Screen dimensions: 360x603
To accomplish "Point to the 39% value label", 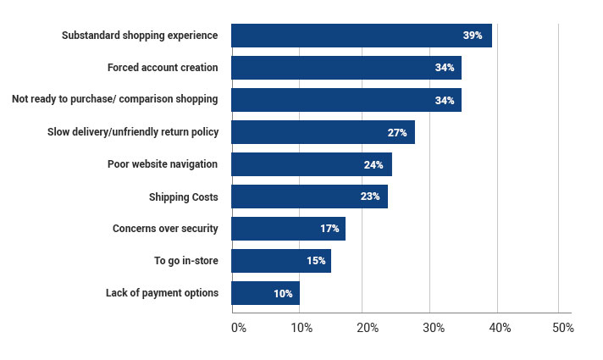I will point(472,36).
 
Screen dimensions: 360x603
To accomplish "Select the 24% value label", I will point(373,164).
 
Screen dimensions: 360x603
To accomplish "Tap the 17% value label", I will point(329,229).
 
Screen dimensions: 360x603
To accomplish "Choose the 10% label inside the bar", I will point(283,293).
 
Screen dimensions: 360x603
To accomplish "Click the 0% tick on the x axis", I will point(238,328).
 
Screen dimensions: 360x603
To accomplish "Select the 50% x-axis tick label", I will point(562,328).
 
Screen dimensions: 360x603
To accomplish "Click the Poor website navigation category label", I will point(163,164).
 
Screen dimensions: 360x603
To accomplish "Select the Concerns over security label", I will point(165,229).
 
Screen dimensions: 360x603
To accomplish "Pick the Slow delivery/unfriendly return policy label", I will point(132,132).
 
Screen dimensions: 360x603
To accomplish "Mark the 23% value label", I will point(369,197).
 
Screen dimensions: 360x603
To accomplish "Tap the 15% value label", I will point(315,261).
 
